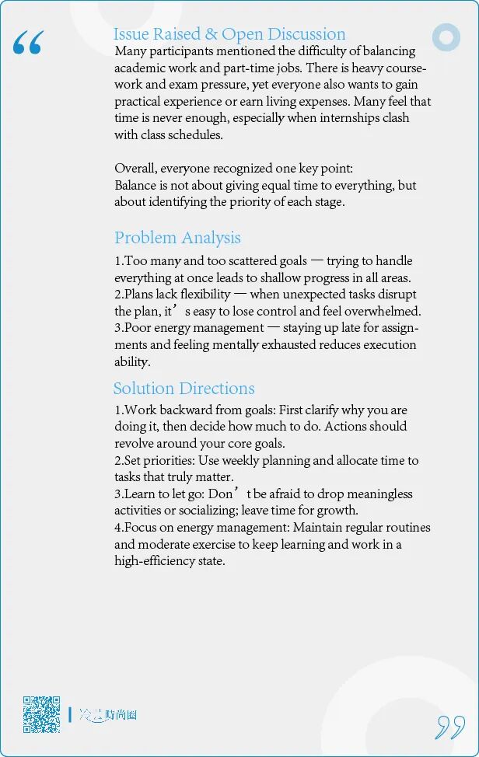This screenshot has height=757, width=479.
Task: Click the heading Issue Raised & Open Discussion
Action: (229, 34)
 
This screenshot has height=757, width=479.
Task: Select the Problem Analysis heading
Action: (177, 238)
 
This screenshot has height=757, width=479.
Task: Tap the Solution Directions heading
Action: (184, 389)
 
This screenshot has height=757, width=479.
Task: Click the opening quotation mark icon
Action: (28, 44)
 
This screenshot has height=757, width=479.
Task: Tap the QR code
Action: (41, 714)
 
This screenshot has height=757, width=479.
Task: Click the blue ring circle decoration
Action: (446, 37)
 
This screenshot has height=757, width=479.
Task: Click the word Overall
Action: (135, 169)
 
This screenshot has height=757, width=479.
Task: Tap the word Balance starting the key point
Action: (135, 186)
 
